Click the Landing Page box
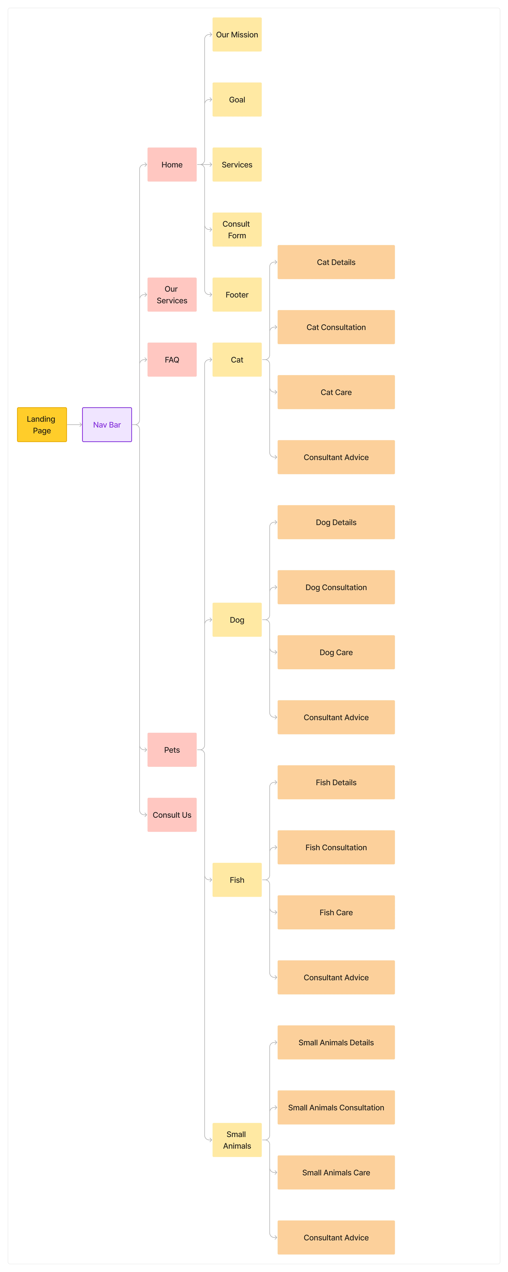pyautogui.click(x=42, y=425)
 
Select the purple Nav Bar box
pyautogui.click(x=107, y=425)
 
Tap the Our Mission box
pyautogui.click(x=237, y=35)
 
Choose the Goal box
pyautogui.click(x=237, y=100)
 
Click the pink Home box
pyautogui.click(x=172, y=164)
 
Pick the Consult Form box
pyautogui.click(x=237, y=230)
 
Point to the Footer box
pyautogui.click(x=237, y=295)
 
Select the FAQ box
pyautogui.click(x=172, y=359)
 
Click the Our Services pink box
pyautogui.click(x=172, y=295)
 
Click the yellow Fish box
pyautogui.click(x=237, y=880)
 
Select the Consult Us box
pyautogui.click(x=172, y=815)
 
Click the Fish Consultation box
pyautogui.click(x=336, y=847)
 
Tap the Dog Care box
pyautogui.click(x=336, y=652)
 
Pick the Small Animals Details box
pyautogui.click(x=336, y=1042)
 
